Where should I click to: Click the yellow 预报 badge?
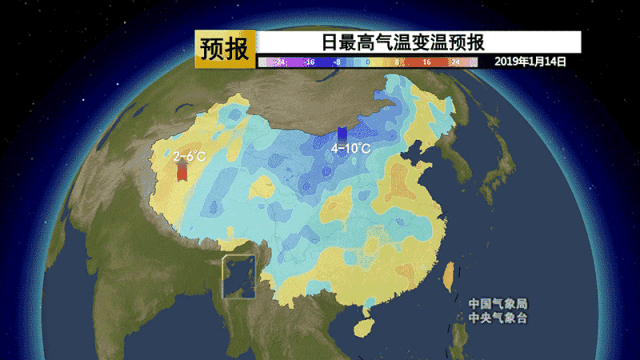point(225,48)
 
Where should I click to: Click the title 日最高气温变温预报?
point(403,42)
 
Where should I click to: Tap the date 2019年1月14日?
point(530,61)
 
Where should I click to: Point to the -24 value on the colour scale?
point(280,61)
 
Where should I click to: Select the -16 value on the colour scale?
point(310,61)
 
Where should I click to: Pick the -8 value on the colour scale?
point(339,61)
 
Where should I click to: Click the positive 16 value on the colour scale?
point(426,61)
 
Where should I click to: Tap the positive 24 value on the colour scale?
point(455,61)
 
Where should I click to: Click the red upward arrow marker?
point(182,171)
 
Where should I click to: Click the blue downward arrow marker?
point(342,134)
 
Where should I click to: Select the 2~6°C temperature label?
point(189,156)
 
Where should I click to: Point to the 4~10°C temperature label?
point(351,149)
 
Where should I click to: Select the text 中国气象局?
point(498,303)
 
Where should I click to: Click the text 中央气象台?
point(498,318)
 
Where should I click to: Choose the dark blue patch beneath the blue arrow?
point(330,175)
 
